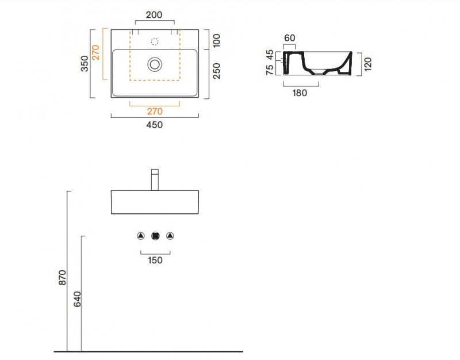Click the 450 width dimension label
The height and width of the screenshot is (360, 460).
[x=154, y=125]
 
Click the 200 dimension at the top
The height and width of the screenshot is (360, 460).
[x=154, y=15]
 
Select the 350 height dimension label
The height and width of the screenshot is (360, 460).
[x=85, y=63]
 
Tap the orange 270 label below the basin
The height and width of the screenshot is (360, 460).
[x=155, y=112]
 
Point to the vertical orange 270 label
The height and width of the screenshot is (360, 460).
[x=95, y=52]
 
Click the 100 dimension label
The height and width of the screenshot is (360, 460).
[x=216, y=41]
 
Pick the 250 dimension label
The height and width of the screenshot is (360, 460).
[x=216, y=71]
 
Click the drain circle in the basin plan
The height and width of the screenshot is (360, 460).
[x=155, y=64]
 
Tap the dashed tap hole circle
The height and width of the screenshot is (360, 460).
[x=155, y=41]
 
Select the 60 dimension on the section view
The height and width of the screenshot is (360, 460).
[x=290, y=38]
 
